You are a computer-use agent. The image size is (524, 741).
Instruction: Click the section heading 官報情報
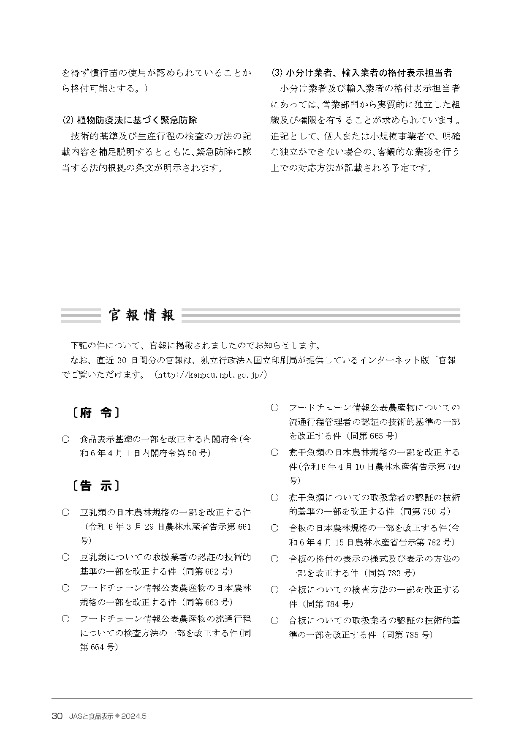pos(141,315)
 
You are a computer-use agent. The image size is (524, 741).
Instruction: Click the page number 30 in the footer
pos(57,716)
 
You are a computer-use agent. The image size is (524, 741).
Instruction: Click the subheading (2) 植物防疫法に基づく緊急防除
pos(129,120)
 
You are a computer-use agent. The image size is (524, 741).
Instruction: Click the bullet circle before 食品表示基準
pos(65,439)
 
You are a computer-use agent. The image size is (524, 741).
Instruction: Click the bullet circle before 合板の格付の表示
pos(274,558)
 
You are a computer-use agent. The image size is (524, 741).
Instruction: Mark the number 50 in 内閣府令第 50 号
pos(191,453)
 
